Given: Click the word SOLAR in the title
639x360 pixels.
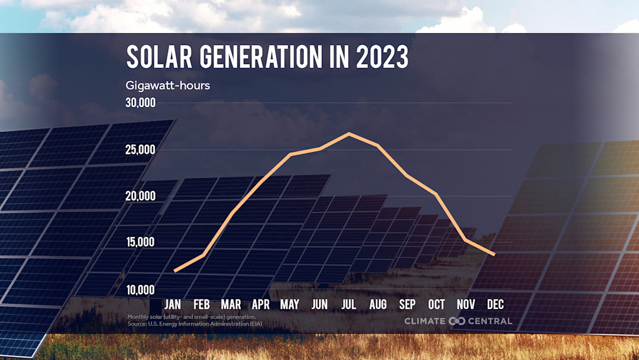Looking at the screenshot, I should point(159,57).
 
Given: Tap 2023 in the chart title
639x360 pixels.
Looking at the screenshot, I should point(382,57).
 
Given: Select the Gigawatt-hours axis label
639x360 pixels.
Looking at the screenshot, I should point(167,85).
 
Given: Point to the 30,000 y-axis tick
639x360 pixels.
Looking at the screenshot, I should point(140,103).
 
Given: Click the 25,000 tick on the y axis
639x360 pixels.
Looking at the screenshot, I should point(140,150).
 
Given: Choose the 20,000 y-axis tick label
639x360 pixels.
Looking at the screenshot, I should point(140,196).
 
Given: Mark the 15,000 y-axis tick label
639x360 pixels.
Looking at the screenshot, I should point(140,242).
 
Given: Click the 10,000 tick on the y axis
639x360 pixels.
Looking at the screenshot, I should point(140,290).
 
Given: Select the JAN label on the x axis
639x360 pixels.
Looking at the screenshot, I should point(173,305).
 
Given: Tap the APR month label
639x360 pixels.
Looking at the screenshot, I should point(261,305).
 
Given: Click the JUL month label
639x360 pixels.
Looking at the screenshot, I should point(348,305).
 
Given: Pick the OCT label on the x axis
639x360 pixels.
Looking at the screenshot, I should point(437,305).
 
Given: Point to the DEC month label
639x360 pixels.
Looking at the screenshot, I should point(495,305).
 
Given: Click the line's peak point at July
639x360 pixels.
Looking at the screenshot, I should point(348,134).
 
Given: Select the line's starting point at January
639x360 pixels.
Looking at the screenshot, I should point(174,271).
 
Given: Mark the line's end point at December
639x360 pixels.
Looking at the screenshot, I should point(494,254).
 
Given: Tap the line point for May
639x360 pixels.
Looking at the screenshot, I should point(290,154).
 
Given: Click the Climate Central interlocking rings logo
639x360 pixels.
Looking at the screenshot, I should point(457,321).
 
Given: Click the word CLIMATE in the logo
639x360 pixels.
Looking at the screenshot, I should point(425,321).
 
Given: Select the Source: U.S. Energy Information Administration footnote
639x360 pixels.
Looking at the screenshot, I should point(195,324).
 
